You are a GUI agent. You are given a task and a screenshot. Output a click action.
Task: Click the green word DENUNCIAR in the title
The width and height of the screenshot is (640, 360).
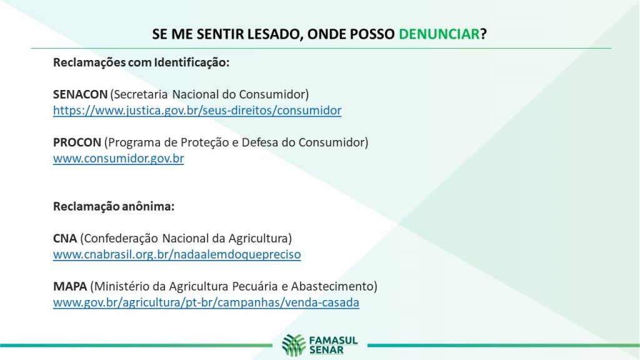[439, 34]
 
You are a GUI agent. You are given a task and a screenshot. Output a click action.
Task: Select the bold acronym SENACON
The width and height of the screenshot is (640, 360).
[80, 94]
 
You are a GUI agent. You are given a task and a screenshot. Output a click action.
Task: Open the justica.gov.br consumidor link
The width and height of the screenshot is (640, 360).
[197, 111]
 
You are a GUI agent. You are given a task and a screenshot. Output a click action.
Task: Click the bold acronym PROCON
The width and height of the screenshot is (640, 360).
[77, 142]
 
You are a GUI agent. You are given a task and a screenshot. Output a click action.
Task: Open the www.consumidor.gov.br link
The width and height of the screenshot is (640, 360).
[118, 158]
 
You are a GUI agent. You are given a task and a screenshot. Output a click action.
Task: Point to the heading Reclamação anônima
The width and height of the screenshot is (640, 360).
[114, 206]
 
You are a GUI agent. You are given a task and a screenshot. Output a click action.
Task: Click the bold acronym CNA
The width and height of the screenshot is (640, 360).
[65, 238]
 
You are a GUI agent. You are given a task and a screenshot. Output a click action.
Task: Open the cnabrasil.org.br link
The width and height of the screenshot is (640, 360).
[177, 255]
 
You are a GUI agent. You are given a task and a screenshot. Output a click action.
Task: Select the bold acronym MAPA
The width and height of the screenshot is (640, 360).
[70, 286]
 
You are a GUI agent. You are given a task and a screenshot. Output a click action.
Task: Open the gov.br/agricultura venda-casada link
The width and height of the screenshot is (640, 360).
[206, 302]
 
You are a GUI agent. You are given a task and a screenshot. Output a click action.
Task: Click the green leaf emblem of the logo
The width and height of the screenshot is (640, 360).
[294, 345]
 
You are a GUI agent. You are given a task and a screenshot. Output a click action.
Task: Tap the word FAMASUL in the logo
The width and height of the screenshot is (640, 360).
[334, 341]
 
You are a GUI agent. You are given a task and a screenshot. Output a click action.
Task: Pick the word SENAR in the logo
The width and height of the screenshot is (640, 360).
[326, 350]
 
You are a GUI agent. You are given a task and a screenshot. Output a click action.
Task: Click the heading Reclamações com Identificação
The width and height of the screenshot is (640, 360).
[141, 63]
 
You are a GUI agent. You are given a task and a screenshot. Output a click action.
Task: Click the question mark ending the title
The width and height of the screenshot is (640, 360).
[484, 34]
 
